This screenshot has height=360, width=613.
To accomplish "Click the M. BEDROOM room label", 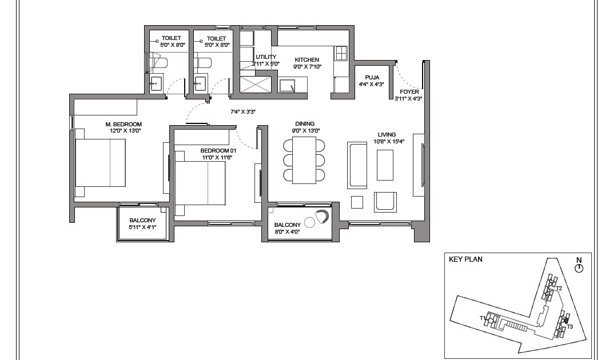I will (123, 124).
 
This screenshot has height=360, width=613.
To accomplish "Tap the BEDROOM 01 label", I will (215, 150).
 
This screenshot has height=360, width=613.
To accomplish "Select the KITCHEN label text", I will (307, 59).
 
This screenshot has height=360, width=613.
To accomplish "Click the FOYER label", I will (409, 91).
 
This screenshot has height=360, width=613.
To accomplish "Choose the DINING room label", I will (305, 123).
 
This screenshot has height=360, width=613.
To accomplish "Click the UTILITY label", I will (266, 57).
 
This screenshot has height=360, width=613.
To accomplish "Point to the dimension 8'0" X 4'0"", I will (287, 231).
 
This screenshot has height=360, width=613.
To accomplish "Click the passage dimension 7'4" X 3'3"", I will (242, 112).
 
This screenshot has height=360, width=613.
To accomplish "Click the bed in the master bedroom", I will (101, 163).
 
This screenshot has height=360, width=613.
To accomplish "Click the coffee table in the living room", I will (385, 165).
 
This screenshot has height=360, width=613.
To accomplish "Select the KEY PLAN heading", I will (465, 259).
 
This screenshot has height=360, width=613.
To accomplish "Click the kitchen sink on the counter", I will (286, 86).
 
